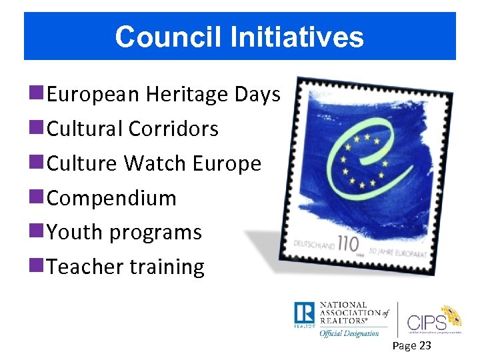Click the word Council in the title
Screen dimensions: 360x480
169,37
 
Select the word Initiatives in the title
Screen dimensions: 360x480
297,37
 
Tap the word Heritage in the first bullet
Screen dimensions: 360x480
187,95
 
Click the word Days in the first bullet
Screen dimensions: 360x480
258,95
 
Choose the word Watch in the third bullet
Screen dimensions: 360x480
160,163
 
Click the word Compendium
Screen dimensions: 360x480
112,198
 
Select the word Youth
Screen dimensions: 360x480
75,232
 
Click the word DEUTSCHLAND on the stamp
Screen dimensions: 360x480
314,243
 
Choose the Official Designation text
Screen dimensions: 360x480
349,333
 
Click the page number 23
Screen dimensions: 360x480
424,345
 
